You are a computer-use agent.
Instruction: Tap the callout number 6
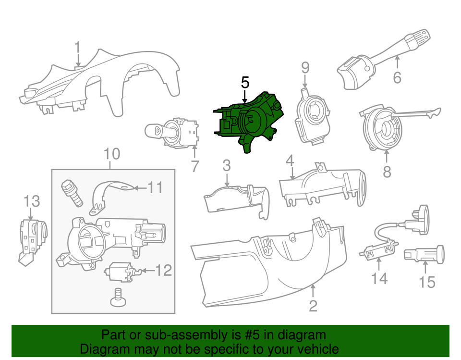397,77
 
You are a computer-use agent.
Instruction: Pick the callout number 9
305,67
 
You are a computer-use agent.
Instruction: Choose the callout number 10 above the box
112,154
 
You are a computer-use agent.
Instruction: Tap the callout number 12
164,271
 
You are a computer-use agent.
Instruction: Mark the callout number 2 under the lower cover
313,306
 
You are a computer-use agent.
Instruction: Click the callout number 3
226,166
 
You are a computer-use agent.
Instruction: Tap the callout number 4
290,161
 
